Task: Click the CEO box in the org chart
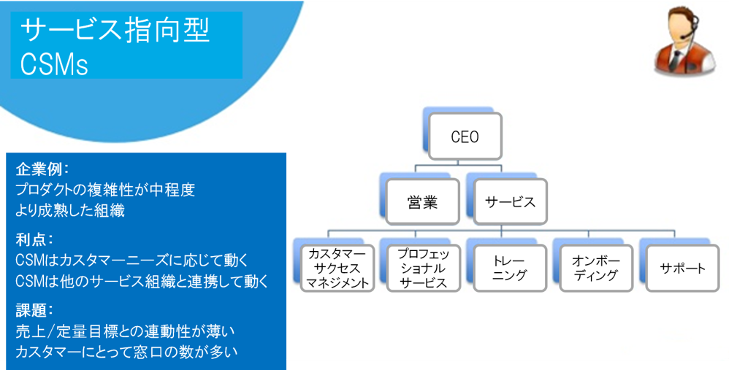coord(465,136)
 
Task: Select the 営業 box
coord(422,202)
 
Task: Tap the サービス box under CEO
coord(510,202)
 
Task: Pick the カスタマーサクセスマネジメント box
coord(337,268)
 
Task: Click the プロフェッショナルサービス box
coord(424,268)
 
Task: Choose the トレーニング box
coord(510,268)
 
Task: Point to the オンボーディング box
coord(596,268)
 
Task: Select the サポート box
coord(682,268)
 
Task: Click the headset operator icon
coord(685,41)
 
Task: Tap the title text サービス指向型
coord(115,30)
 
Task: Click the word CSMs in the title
coord(54,63)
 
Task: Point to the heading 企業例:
coord(42,169)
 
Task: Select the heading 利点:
coord(34,239)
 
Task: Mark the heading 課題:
coord(34,309)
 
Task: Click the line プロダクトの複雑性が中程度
coord(105,190)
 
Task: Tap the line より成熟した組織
coord(70,211)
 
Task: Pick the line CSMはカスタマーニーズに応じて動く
coord(131,261)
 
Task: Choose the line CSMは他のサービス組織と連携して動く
coord(142,281)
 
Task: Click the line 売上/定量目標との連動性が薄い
coord(125,331)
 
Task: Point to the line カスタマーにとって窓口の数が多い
coord(126,352)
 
